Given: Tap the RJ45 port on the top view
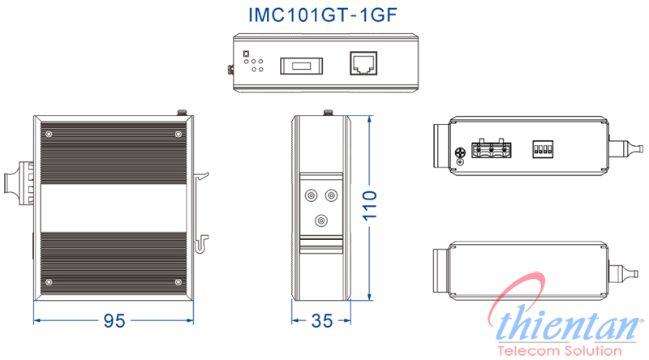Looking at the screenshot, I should pyautogui.click(x=361, y=64).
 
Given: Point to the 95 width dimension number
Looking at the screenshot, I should pyautogui.click(x=114, y=321).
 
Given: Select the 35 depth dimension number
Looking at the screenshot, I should pyautogui.click(x=322, y=321).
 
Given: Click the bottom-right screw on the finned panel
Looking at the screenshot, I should pyautogui.click(x=178, y=282).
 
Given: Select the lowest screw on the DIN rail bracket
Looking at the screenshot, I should pyautogui.click(x=322, y=220).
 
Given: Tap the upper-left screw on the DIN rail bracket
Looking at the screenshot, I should pyautogui.click(x=310, y=195).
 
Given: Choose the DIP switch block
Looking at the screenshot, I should pyautogui.click(x=541, y=150).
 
